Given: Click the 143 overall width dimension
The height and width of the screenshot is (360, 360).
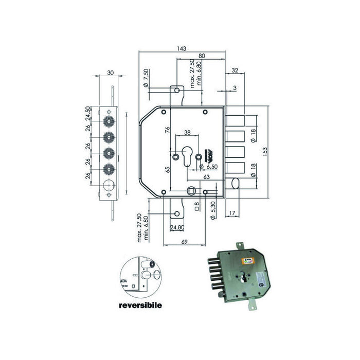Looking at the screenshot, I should [181, 48].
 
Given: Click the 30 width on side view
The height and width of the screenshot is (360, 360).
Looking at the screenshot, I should [110, 73].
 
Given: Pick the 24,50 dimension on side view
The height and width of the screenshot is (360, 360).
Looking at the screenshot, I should [88, 113].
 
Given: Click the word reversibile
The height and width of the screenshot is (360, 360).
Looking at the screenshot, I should [139, 305].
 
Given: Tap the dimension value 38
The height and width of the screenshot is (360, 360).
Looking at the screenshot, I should [187, 133].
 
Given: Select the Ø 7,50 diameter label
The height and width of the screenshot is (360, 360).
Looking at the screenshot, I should [146, 77].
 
